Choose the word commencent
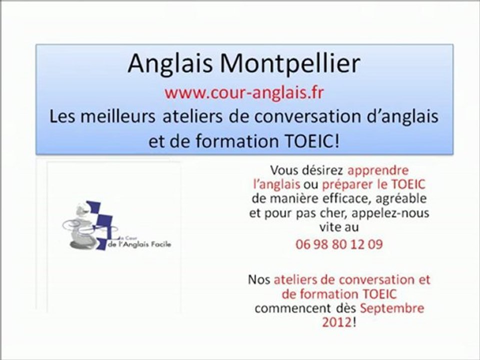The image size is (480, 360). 287,307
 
